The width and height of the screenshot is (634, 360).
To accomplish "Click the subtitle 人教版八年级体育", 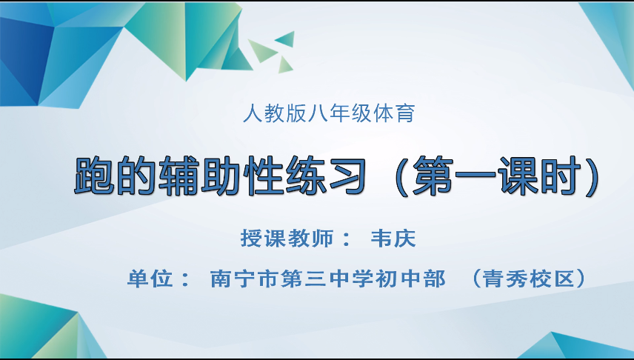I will click(328, 115).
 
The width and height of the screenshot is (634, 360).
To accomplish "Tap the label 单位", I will click(149, 279).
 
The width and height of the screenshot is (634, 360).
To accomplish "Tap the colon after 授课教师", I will click(347, 240).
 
